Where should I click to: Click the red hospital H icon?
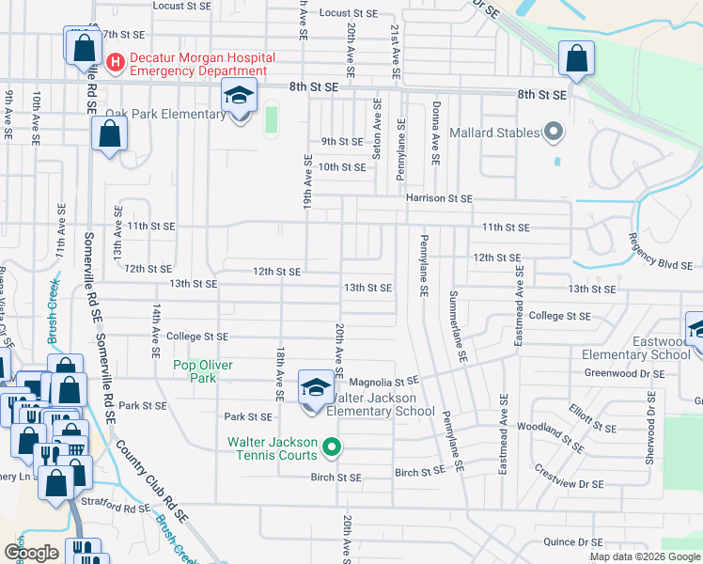116,63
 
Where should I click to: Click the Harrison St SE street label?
438,198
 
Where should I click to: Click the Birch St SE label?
336,478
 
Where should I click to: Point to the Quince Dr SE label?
572,541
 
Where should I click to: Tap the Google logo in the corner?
31,553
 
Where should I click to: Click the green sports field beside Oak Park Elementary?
272,119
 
